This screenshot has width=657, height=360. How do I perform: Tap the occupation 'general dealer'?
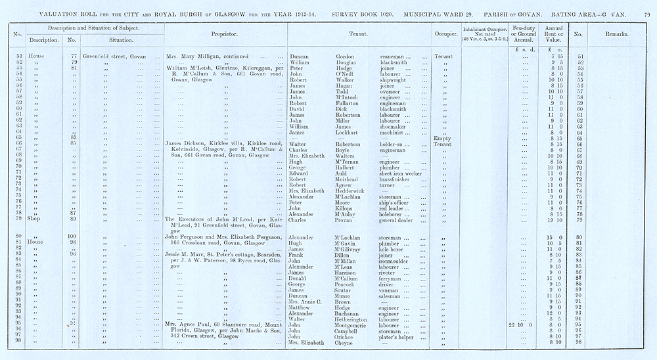tap(398, 220)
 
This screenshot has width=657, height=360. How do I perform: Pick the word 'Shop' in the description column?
tap(35, 220)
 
